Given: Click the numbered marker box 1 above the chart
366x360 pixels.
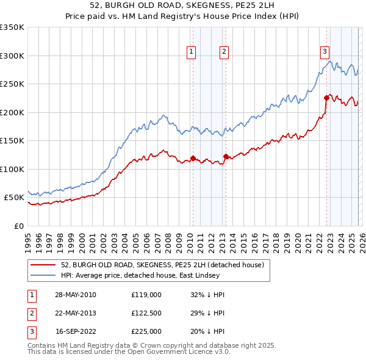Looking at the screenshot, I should click(192, 52).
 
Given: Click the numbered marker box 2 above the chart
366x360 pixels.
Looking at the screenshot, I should click(224, 52).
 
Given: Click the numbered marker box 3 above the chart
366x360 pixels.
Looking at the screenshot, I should click(325, 52).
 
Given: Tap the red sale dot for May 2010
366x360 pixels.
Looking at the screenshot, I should click(193, 159).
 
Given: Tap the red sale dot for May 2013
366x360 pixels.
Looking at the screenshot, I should click(226, 156).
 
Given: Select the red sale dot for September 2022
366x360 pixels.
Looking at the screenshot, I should click(326, 98).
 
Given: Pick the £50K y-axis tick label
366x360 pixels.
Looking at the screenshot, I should click(15, 198).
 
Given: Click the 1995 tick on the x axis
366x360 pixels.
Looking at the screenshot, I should click(28, 238).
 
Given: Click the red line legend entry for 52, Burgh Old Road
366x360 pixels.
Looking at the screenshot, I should click(162, 265).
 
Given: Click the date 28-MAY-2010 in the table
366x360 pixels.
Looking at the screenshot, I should click(75, 295).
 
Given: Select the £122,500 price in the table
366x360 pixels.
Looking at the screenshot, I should click(146, 313).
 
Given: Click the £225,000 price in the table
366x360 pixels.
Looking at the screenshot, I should click(146, 331).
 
